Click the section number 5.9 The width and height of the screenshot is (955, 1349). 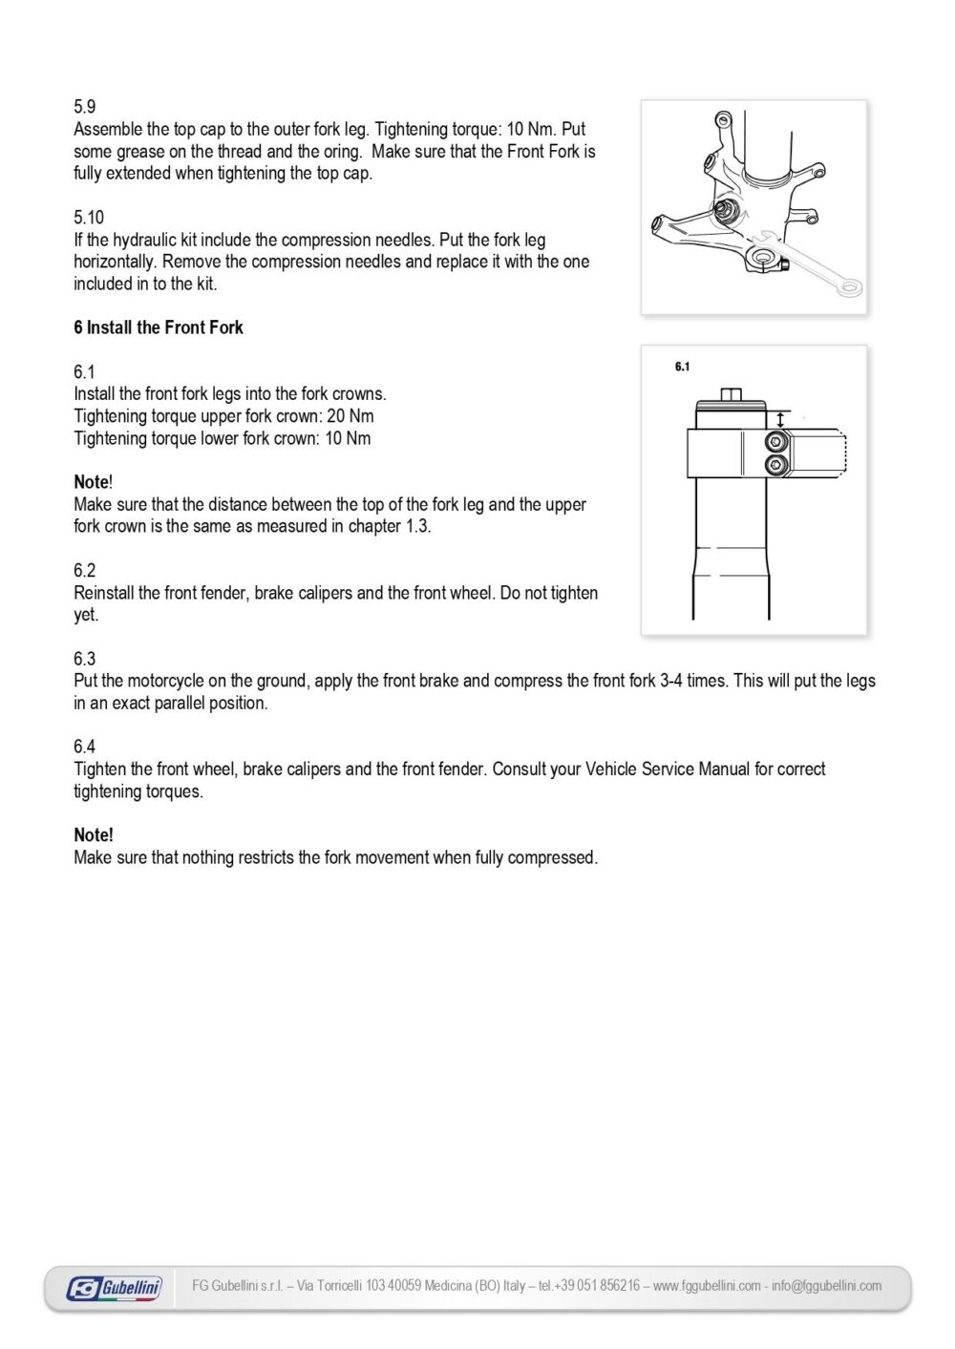tap(84, 107)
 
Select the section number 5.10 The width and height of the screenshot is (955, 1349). tap(89, 218)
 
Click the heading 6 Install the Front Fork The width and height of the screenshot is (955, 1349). tap(159, 327)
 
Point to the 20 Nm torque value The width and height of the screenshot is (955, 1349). tap(350, 416)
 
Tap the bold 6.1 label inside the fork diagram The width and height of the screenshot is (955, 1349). tap(682, 367)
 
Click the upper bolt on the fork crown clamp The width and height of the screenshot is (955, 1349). tap(775, 441)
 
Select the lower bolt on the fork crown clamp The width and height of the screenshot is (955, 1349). tap(775, 465)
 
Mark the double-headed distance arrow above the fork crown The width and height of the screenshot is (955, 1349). tap(781, 419)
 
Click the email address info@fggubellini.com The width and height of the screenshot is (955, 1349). tap(827, 1286)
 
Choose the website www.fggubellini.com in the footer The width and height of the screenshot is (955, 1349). tap(707, 1286)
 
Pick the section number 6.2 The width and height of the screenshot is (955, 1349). tap(84, 571)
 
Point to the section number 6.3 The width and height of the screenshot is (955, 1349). tap(84, 659)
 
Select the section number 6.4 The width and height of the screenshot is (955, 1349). tap(84, 747)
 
